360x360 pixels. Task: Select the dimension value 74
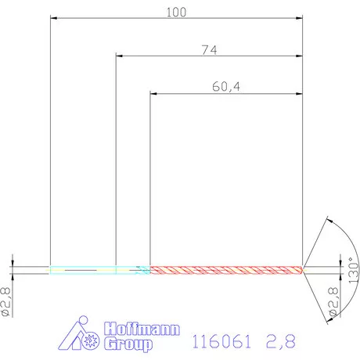click(x=208, y=49)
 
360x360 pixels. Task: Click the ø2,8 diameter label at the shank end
click(x=8, y=301)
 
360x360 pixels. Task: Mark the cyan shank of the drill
click(x=82, y=270)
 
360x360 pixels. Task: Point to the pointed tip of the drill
click(x=306, y=270)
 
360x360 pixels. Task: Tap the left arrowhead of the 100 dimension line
click(x=52, y=19)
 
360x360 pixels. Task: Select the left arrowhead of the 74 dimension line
click(x=119, y=56)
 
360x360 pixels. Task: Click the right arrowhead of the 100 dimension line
click(x=300, y=19)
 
